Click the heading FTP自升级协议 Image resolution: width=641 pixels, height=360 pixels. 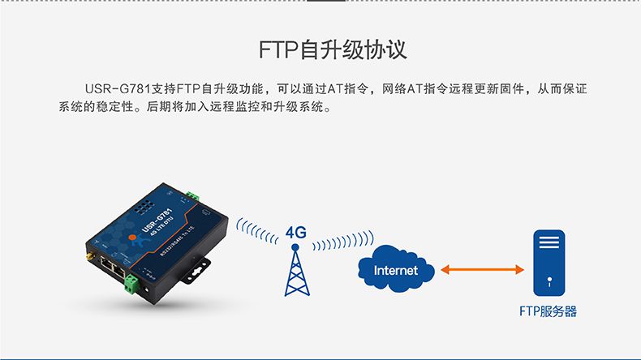pos(333,49)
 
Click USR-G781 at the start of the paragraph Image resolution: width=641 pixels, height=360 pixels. pos(118,88)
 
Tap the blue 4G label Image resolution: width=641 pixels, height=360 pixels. pos(296,233)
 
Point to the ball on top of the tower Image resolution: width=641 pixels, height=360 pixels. pos(295,247)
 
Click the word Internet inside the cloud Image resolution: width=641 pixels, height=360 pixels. pos(395,270)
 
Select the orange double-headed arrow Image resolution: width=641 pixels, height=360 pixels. pos(483,269)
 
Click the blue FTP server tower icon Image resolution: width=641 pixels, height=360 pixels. pos(549,263)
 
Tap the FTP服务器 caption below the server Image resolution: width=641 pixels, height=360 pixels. pos(548,311)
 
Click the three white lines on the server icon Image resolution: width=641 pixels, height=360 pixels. pos(549,242)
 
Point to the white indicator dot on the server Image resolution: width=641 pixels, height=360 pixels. pos(549,280)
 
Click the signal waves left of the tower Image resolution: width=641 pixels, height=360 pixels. pos(256,231)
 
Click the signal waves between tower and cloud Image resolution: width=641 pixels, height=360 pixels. pos(343,240)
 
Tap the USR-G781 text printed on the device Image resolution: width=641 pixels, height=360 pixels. pos(157,220)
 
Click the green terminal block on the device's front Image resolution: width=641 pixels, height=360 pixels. pos(131,285)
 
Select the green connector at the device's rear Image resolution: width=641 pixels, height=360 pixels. pos(192,195)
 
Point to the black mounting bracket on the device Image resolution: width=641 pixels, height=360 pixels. pos(196,270)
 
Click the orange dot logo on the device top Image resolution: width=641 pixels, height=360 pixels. pos(131,237)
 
